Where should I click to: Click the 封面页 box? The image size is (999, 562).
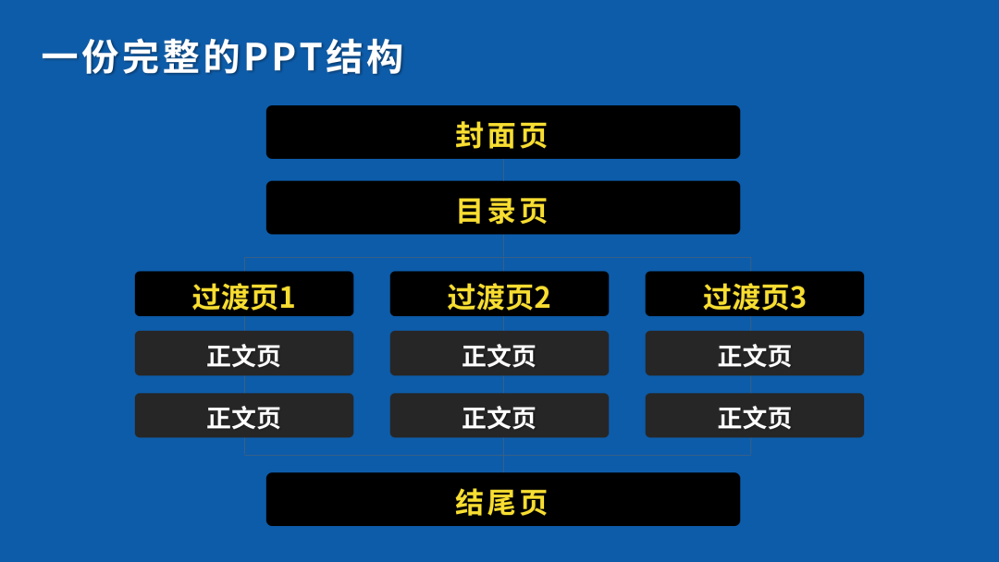point(502,132)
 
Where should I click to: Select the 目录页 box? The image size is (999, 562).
point(502,207)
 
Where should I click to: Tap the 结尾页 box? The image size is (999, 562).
point(502,499)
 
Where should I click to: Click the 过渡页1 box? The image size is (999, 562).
point(244,293)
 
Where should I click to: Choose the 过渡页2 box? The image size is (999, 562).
point(499,293)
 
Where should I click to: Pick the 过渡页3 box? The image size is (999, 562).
point(755,293)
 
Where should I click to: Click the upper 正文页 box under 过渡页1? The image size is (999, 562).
point(244,353)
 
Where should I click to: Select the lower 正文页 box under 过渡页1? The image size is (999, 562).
point(244,415)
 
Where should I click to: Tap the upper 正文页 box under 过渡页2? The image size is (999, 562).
point(499,353)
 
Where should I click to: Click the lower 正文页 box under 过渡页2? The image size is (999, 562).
point(499,415)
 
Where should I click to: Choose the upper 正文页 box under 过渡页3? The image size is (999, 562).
point(755,353)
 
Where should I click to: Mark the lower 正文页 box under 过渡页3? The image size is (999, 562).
point(755,415)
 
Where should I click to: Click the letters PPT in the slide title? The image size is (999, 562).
point(283,56)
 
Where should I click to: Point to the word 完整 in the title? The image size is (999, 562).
point(162,56)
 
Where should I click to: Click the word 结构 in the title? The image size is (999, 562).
point(364,56)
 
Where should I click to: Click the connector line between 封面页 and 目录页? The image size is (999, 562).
point(503,170)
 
